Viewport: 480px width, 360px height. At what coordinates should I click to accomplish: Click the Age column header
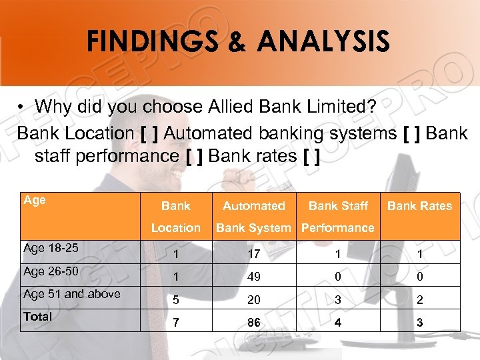click(x=35, y=199)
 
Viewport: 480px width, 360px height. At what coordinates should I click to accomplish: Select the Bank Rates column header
click(x=419, y=206)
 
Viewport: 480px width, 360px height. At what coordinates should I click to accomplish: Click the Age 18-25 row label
click(x=51, y=248)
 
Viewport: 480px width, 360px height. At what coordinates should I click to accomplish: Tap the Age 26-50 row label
click(x=51, y=271)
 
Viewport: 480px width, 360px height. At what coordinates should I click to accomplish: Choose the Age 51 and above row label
click(x=72, y=294)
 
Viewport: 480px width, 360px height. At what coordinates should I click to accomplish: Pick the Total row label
click(x=37, y=317)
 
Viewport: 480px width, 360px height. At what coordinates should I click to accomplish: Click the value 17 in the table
click(x=253, y=254)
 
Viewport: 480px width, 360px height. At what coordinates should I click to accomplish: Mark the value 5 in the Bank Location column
click(x=175, y=299)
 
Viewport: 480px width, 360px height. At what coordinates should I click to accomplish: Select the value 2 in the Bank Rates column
click(x=419, y=299)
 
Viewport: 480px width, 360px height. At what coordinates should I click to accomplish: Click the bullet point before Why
click(x=22, y=107)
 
